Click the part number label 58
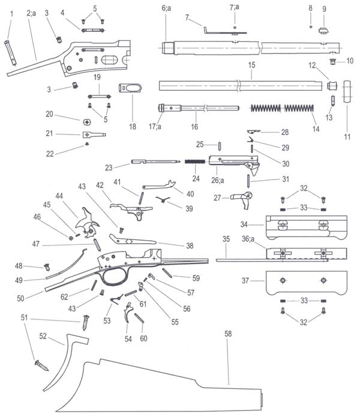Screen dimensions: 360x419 click(228, 334)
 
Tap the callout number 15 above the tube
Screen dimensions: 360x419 click(251, 65)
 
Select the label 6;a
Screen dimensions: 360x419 click(166, 8)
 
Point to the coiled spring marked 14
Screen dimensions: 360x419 click(282, 108)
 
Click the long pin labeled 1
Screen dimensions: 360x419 click(10, 53)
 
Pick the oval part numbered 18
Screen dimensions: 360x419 click(130, 88)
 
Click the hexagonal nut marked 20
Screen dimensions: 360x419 click(87, 122)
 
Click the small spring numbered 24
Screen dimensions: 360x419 click(195, 161)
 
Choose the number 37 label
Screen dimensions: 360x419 click(245, 280)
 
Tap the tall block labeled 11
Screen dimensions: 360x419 click(346, 91)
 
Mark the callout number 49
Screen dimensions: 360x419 click(19, 280)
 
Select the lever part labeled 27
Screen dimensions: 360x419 click(242, 199)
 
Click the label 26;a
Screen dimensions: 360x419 click(218, 180)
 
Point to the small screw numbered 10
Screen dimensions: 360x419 click(332, 62)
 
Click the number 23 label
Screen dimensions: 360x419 click(109, 168)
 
